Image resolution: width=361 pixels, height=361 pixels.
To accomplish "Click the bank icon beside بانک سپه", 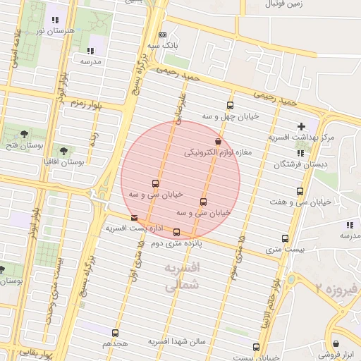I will (x=163, y=35).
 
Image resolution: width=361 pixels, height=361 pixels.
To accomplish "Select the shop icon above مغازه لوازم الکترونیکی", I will (x=218, y=141).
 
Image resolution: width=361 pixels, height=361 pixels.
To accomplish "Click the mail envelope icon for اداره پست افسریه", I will (x=135, y=218).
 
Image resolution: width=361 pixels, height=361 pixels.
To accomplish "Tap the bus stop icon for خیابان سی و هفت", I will (x=300, y=191).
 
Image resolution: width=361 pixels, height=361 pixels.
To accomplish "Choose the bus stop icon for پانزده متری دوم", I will (x=176, y=232).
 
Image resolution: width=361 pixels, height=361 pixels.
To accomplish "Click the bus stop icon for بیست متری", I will (x=285, y=238).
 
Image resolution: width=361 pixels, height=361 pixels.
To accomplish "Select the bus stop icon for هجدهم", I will (x=116, y=332).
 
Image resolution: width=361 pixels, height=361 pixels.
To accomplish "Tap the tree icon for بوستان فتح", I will (x=25, y=133).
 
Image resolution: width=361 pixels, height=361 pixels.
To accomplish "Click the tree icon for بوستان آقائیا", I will (x=64, y=151).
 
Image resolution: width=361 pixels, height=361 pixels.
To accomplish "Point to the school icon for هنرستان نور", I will (x=55, y=20).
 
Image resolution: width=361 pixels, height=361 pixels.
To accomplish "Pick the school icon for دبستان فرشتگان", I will (x=300, y=152).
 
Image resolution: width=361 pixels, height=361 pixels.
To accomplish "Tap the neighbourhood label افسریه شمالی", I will (x=182, y=276).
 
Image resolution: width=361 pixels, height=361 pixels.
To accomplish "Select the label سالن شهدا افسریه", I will (x=176, y=341).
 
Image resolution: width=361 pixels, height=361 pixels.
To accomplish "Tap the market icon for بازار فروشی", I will (x=336, y=344).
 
